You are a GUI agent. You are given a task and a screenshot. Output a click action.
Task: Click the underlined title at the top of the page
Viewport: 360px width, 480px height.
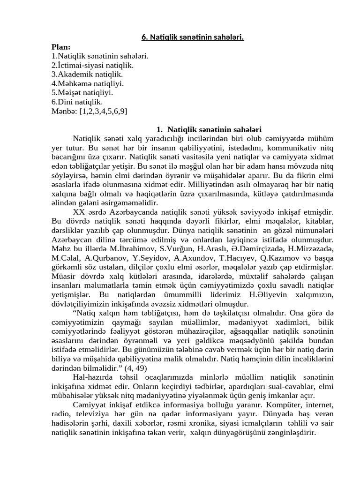tap(193, 37)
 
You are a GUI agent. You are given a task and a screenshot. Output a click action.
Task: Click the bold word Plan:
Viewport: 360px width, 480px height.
tap(61, 47)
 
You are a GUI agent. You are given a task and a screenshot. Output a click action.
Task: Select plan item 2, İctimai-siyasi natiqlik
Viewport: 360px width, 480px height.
tap(92, 65)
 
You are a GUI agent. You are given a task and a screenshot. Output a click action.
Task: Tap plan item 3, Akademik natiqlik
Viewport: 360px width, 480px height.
tap(87, 75)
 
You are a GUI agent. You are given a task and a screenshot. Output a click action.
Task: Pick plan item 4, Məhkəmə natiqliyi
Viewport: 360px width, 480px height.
tap(88, 83)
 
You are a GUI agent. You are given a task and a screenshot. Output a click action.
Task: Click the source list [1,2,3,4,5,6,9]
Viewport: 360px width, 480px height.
tap(103, 111)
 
